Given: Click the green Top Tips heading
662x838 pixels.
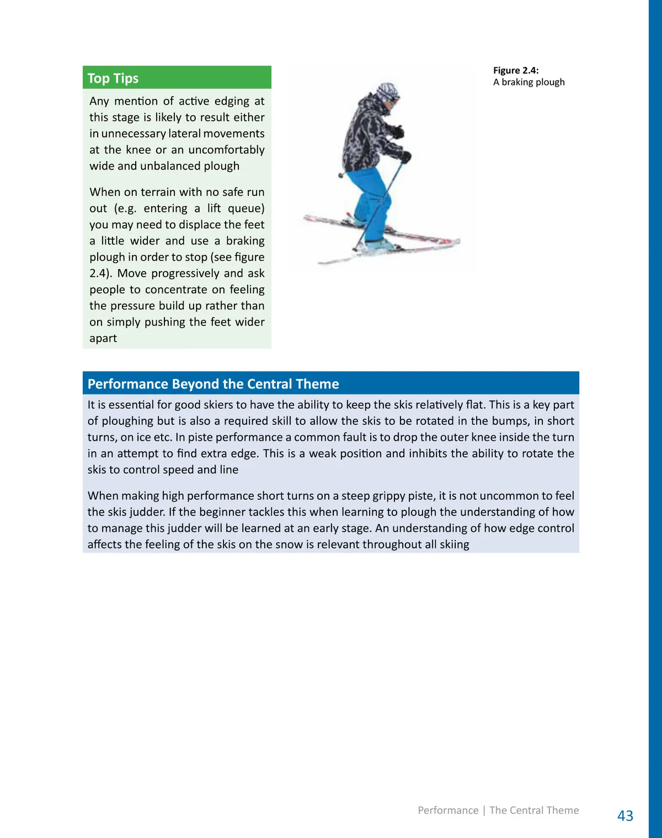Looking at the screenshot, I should click(x=113, y=78).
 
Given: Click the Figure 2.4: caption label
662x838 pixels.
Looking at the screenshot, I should click(x=516, y=70).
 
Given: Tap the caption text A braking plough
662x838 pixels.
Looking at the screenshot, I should click(x=528, y=82).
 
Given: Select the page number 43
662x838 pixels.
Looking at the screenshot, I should click(x=625, y=815).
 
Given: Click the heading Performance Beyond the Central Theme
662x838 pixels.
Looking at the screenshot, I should click(x=213, y=384).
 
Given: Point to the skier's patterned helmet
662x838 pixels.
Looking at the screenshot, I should click(x=388, y=92).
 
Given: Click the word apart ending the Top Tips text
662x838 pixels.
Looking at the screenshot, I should click(x=103, y=338).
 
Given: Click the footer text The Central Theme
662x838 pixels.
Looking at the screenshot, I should click(x=534, y=810).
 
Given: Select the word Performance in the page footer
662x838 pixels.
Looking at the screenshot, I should click(x=448, y=810).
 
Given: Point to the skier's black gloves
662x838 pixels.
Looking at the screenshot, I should click(x=398, y=132).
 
